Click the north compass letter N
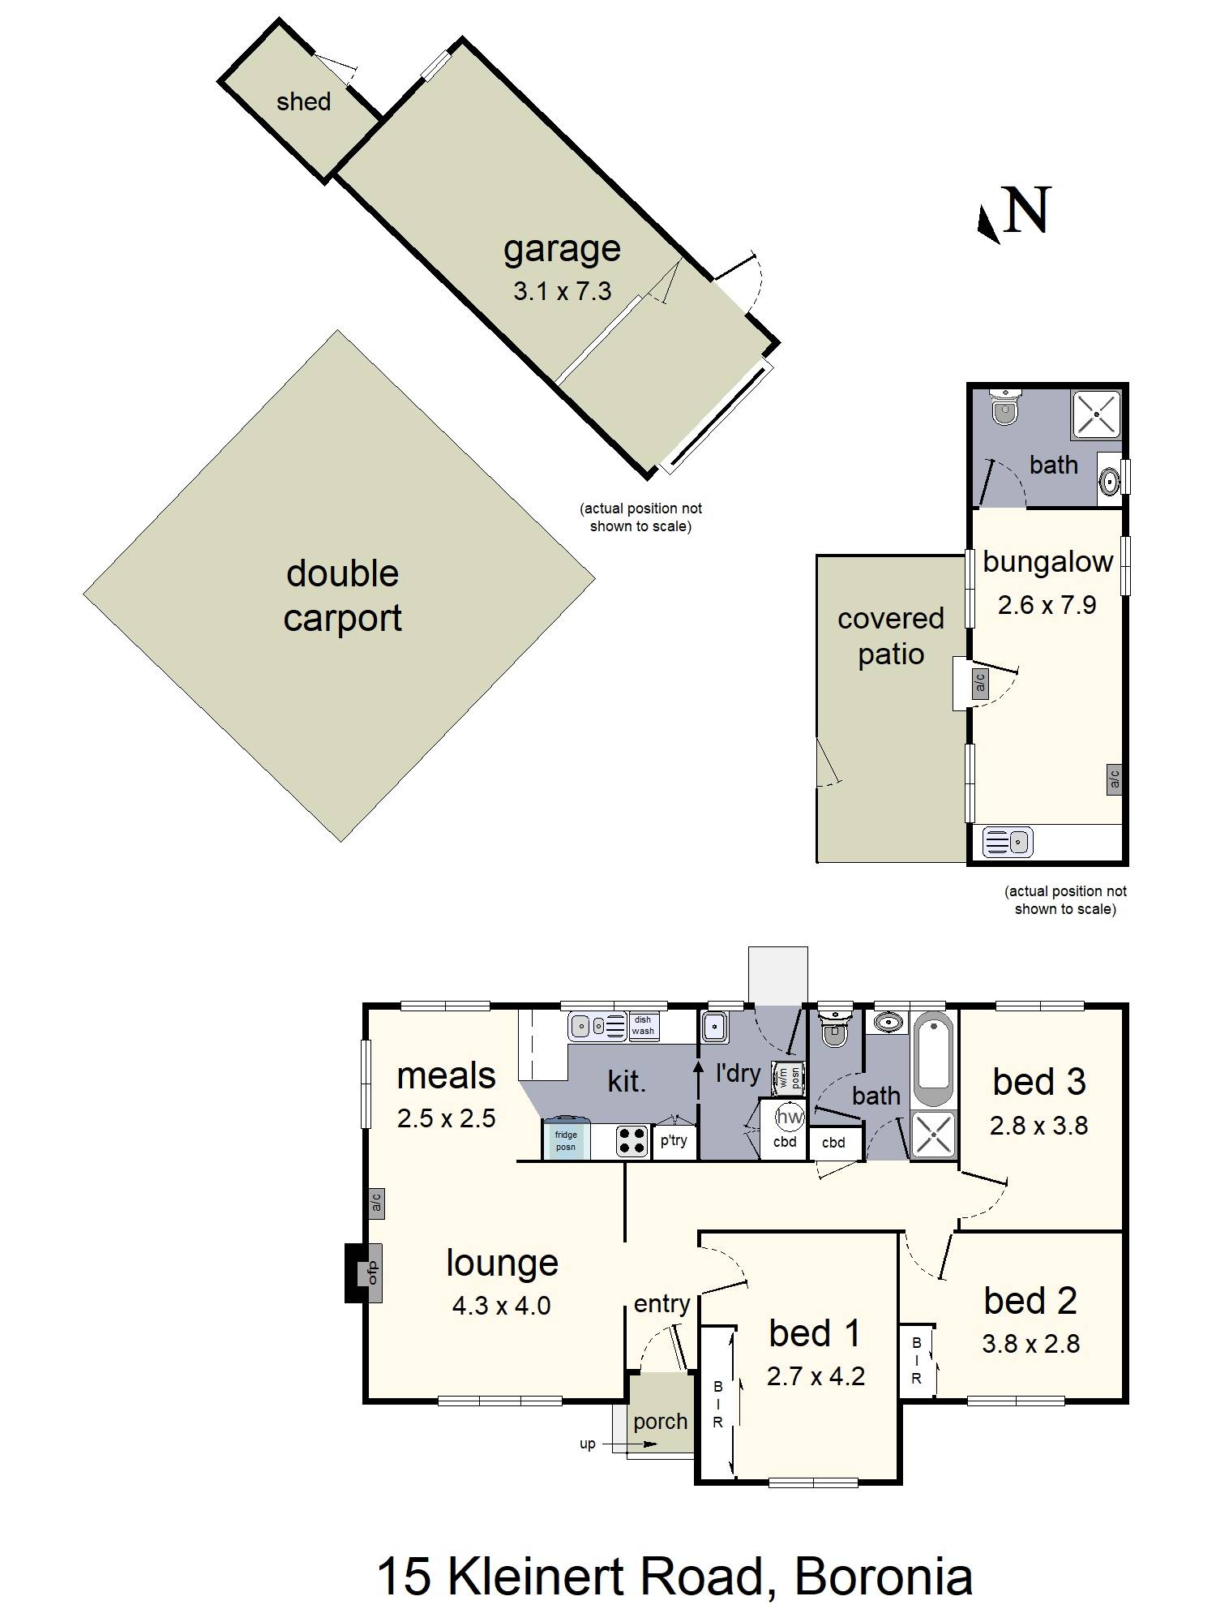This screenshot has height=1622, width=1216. (1026, 211)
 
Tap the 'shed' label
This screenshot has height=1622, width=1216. (303, 102)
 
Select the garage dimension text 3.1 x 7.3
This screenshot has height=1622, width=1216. (562, 291)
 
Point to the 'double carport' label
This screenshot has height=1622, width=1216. (342, 595)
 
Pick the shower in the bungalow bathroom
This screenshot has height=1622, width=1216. (1096, 414)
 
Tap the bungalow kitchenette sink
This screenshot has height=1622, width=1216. (1008, 842)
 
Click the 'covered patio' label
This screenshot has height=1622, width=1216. (891, 636)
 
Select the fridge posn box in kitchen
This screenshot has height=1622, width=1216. (566, 1139)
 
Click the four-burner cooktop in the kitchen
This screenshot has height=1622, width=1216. (632, 1141)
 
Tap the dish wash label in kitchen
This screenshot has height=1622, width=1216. (643, 1026)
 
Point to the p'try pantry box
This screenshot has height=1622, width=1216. (674, 1140)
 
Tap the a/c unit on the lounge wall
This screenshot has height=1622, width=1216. (376, 1204)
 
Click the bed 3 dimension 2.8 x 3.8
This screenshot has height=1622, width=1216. (1038, 1126)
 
